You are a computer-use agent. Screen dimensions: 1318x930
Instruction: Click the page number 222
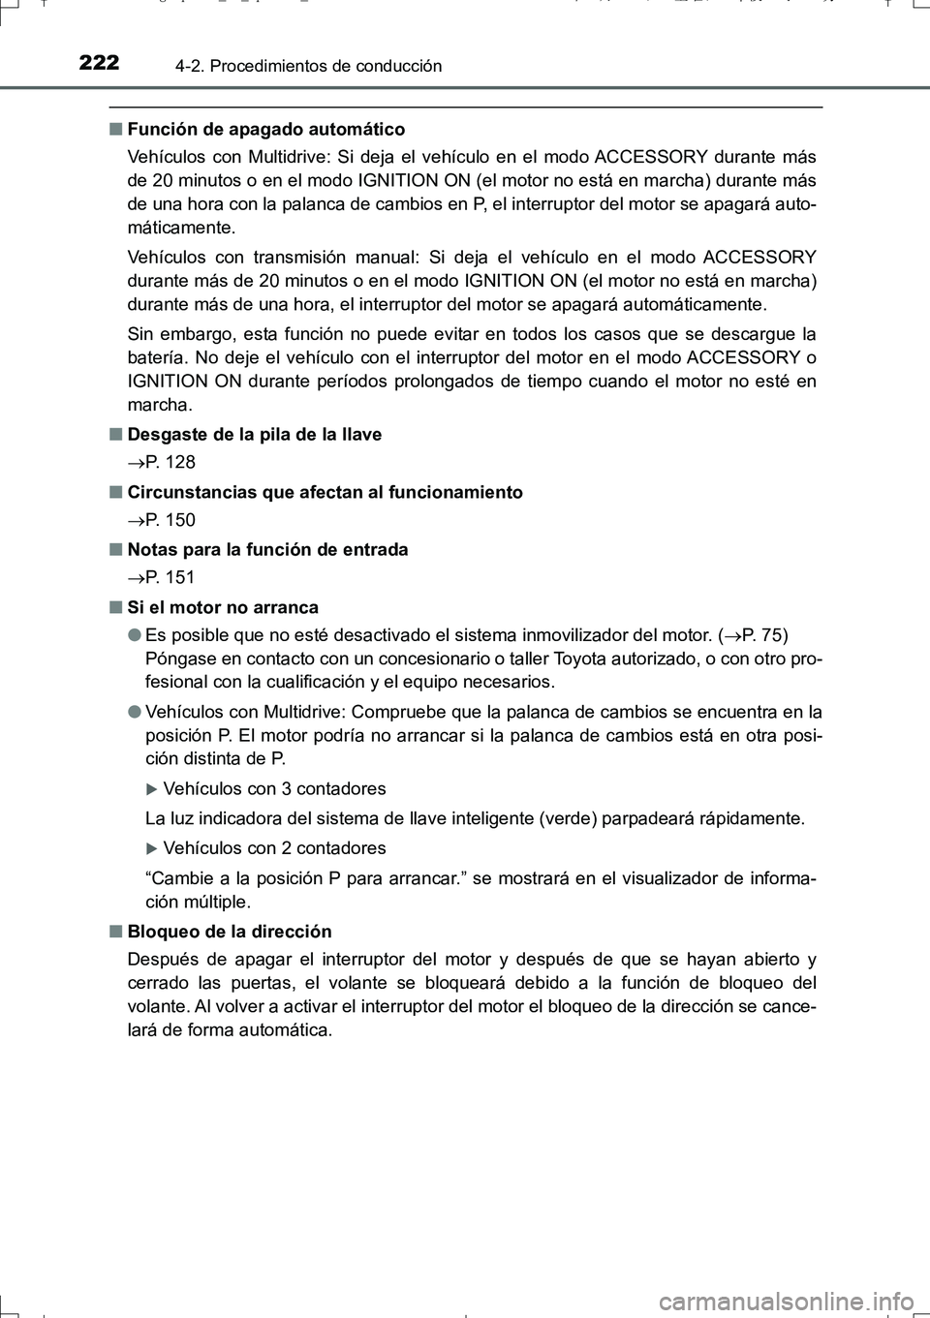(x=99, y=63)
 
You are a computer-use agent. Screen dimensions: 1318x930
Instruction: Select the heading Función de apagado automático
(x=265, y=129)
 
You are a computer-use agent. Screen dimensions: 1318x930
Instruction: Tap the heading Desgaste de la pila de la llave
(x=254, y=434)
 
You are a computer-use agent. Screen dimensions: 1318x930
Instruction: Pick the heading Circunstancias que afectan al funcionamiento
(x=325, y=492)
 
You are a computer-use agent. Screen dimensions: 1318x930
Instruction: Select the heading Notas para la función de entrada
(x=267, y=549)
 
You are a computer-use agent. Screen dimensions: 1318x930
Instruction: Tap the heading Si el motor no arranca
(x=223, y=607)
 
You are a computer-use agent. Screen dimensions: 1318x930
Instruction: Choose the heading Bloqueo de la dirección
(x=230, y=931)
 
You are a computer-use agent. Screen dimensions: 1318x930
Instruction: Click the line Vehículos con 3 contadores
(x=274, y=788)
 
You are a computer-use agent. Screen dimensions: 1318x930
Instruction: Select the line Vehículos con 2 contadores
(x=274, y=847)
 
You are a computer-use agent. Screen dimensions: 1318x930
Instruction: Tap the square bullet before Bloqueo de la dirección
(x=115, y=932)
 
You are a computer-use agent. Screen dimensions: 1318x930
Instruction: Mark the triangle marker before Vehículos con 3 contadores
(x=151, y=789)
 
